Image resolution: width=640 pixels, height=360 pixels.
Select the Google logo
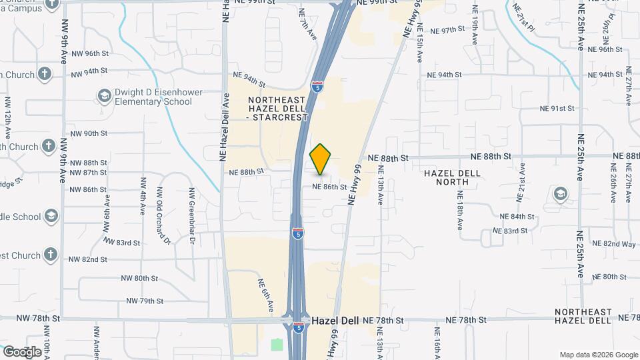22,351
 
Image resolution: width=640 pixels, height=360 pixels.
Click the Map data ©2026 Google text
598,355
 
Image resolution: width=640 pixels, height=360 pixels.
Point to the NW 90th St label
89,133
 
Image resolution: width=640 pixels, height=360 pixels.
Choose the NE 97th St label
447,31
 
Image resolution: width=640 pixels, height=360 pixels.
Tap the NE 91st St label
557,108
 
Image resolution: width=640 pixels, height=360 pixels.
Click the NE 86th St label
329,187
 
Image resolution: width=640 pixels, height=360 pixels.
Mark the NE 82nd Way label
619,244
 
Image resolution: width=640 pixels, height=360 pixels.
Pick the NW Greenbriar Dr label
191,207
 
